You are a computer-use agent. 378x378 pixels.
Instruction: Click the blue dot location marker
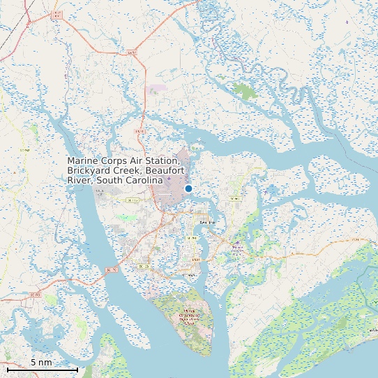[188, 189]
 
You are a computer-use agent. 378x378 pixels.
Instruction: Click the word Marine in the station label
[82, 161]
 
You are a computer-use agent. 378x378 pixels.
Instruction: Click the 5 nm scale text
[41, 362]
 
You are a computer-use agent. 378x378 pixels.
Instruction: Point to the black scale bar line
[42, 368]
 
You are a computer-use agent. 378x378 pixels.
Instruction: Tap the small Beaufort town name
[207, 222]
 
